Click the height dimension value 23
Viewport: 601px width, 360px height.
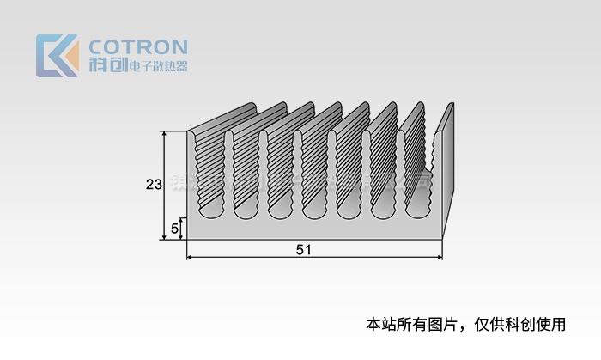[x=154, y=184]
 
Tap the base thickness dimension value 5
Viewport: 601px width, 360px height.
[x=175, y=229]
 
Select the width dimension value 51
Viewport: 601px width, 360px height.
[x=303, y=250]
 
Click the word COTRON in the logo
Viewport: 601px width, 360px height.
[x=137, y=46]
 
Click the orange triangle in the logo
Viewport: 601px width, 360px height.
[x=70, y=59]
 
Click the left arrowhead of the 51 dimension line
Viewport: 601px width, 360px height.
[x=190, y=257]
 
